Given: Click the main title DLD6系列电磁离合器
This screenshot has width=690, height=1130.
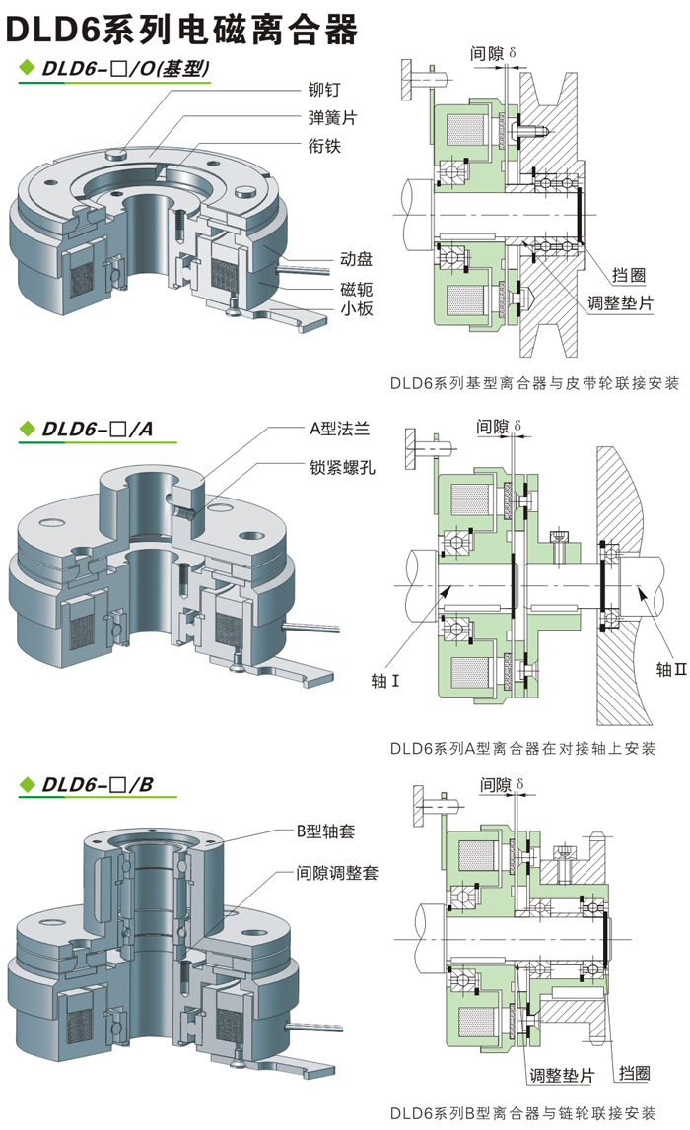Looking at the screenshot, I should (x=182, y=31).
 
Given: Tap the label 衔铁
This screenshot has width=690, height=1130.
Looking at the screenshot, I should (x=324, y=145).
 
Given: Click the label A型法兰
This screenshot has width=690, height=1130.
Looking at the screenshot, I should (x=338, y=429).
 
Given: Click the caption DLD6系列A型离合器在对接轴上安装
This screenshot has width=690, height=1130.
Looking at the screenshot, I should (x=522, y=749).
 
